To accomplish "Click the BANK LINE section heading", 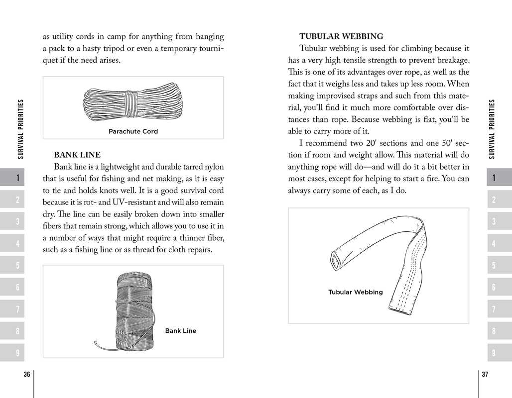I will pos(77,155).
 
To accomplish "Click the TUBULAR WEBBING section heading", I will pos(341,36).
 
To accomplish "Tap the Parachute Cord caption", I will pos(133,131).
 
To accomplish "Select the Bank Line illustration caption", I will pos(181,331).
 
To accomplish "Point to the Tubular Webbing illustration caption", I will pos(356,292).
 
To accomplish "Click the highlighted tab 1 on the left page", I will pos(17,178).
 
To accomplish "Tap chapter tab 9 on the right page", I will pos(494,353).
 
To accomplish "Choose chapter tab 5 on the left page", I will pos(17,265).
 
